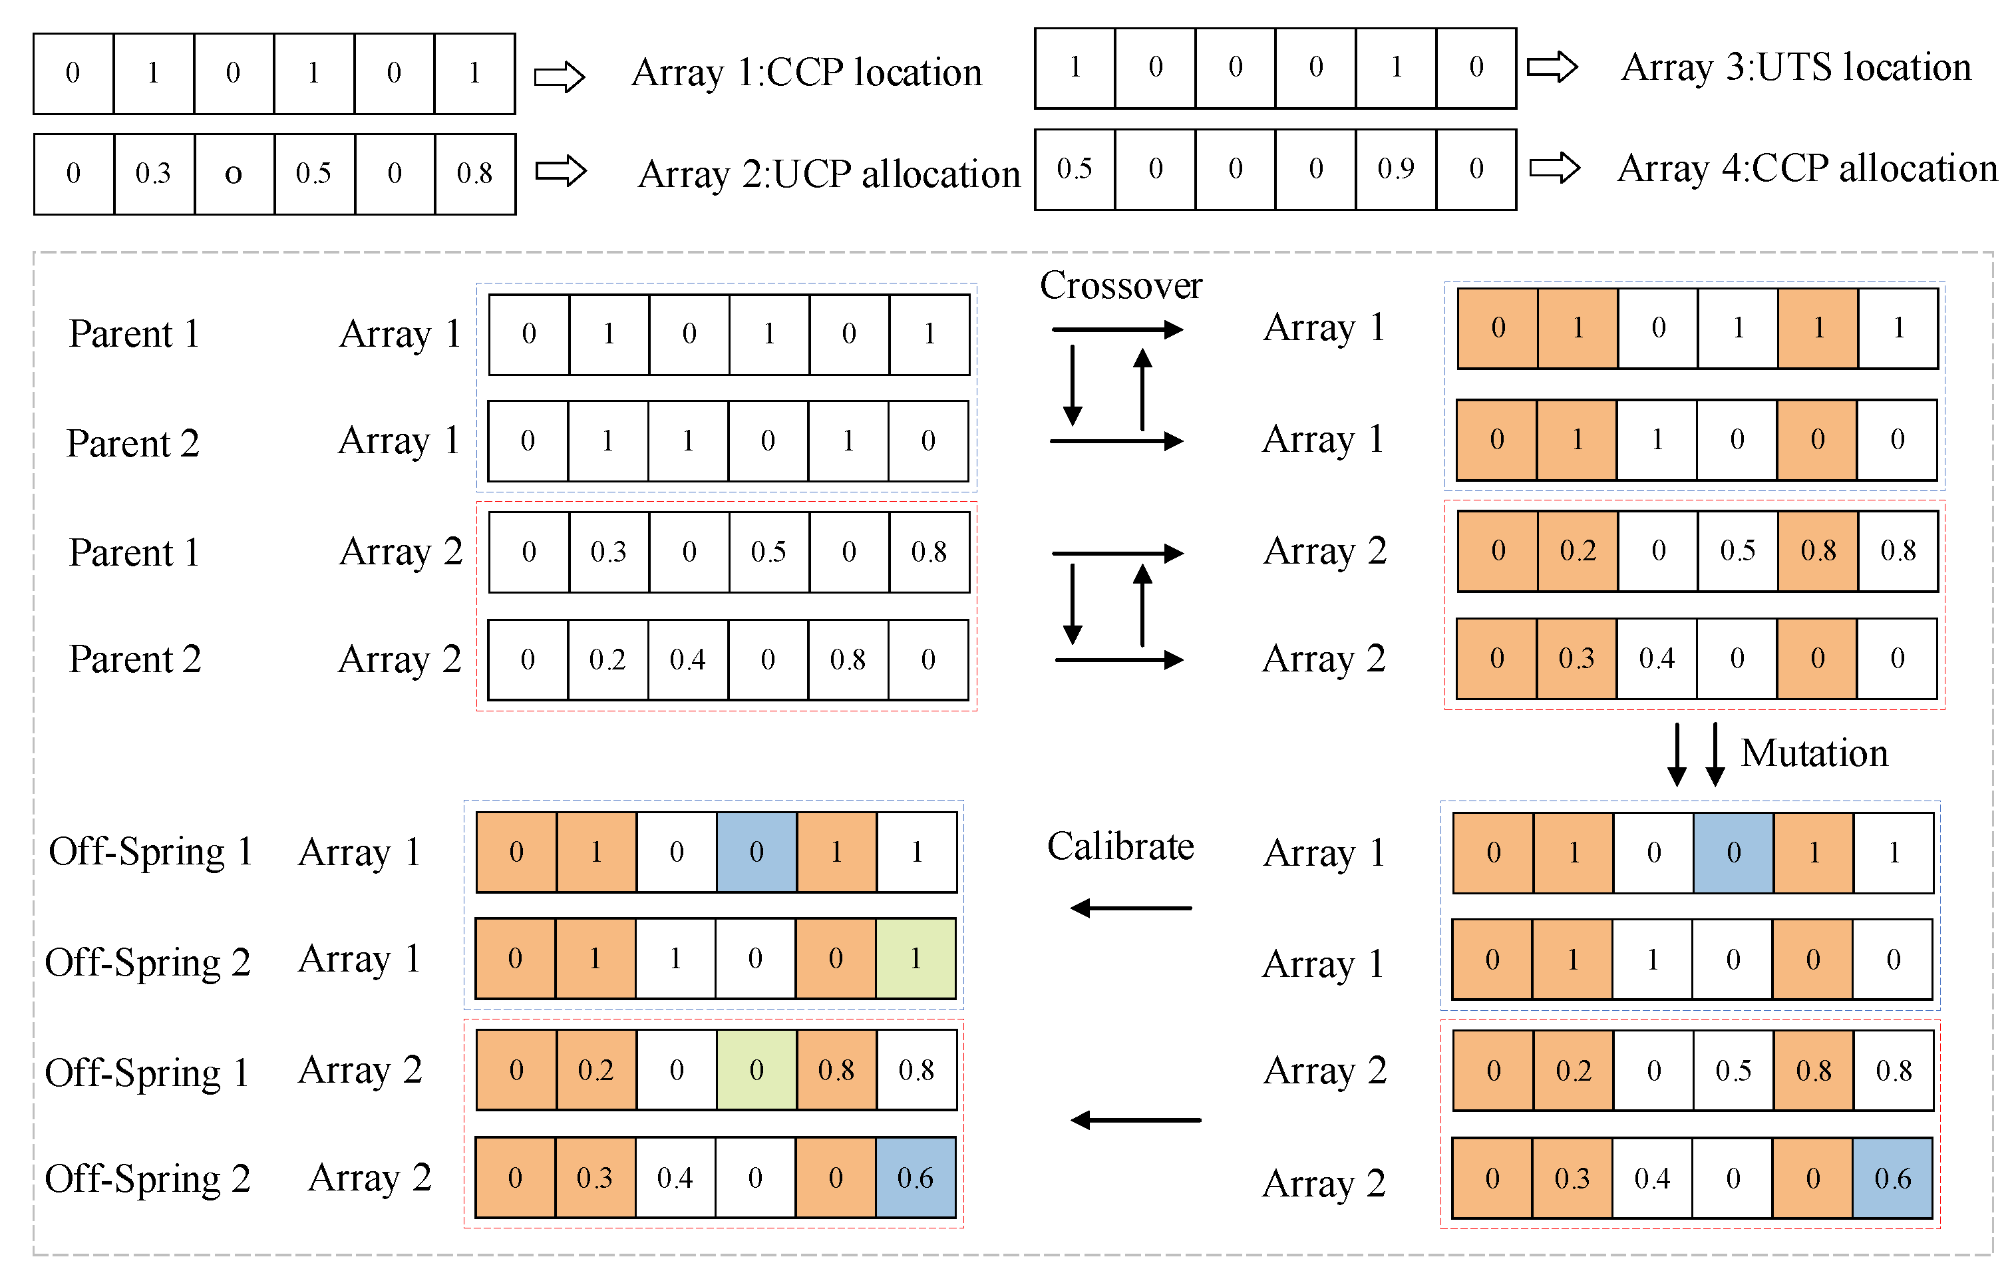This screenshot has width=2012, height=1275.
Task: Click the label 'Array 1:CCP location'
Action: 806,73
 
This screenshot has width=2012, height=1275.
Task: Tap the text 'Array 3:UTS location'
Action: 1796,67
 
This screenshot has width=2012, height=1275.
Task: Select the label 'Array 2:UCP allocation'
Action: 829,174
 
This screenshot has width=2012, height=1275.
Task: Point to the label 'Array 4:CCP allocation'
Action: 1806,168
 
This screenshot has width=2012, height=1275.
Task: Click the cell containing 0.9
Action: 1395,169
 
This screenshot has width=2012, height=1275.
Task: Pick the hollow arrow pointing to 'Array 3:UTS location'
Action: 1552,67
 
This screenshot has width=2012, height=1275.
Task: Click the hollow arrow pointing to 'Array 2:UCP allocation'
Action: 561,171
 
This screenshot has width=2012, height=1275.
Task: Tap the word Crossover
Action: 1120,285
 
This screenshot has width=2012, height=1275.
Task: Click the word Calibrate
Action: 1120,846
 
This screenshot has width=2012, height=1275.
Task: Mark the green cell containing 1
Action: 916,958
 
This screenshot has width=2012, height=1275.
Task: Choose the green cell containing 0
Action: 756,1069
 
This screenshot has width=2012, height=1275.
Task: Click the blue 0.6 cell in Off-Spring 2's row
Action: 916,1178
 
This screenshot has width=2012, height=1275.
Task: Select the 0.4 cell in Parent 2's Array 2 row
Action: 688,660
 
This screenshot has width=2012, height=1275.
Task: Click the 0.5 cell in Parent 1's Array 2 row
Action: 768,552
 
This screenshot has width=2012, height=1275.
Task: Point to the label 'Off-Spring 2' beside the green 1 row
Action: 147,962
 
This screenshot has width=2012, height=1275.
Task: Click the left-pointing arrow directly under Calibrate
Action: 1131,908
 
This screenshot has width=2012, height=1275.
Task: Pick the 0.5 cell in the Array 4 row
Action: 1075,169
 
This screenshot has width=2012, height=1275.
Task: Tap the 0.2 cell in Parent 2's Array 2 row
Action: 607,660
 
